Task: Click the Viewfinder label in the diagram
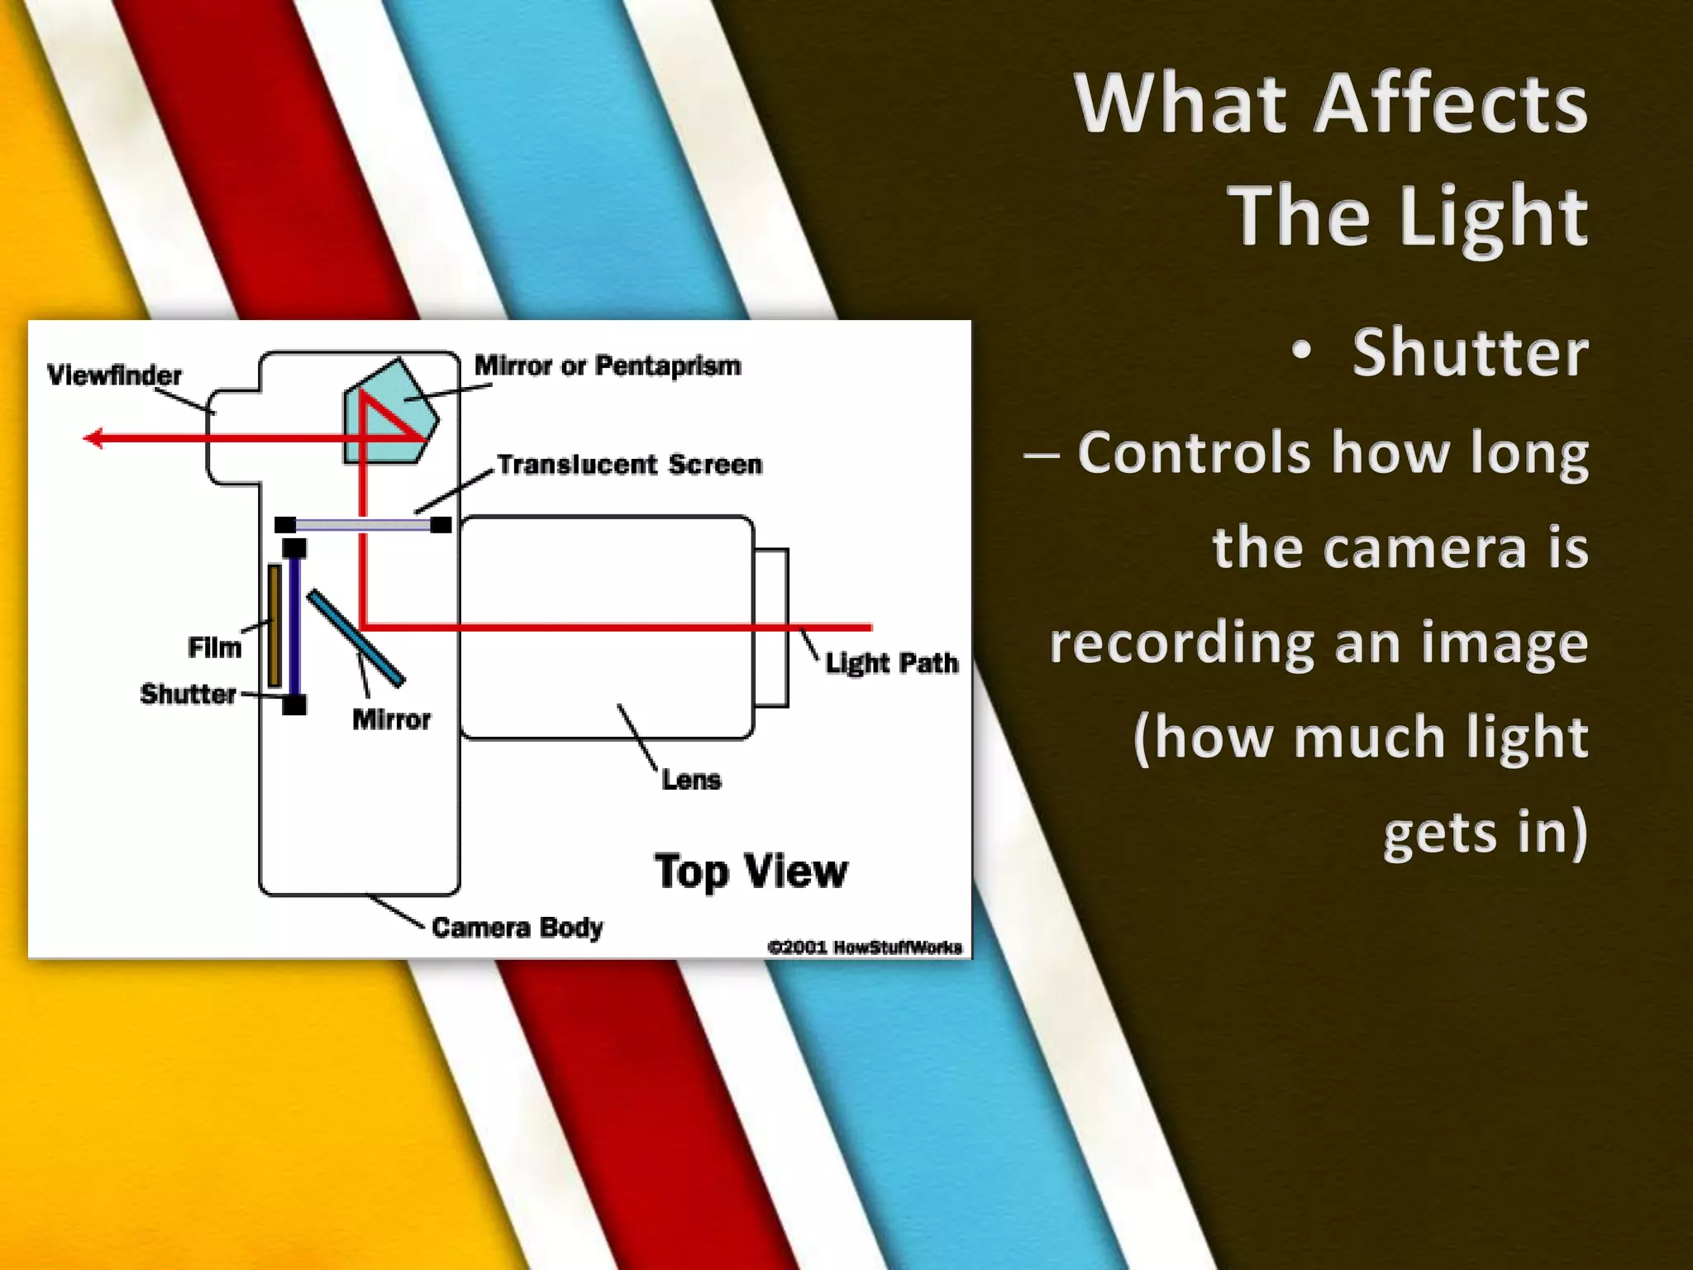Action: pyautogui.click(x=114, y=375)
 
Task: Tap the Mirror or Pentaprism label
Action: pyautogui.click(x=607, y=365)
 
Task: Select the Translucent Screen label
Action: pyautogui.click(x=629, y=465)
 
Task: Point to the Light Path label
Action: pyautogui.click(x=891, y=663)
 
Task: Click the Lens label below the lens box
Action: pyautogui.click(x=691, y=780)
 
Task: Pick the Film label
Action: pyautogui.click(x=214, y=647)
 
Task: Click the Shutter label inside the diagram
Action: pyautogui.click(x=188, y=694)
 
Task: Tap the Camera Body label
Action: pyautogui.click(x=517, y=928)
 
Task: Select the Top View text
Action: pyautogui.click(x=751, y=871)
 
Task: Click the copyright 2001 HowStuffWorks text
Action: pyautogui.click(x=865, y=948)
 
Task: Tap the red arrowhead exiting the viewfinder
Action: pyautogui.click(x=93, y=438)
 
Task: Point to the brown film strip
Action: pyautogui.click(x=274, y=626)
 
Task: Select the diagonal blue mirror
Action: pyautogui.click(x=356, y=637)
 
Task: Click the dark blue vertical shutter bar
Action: pyautogui.click(x=294, y=626)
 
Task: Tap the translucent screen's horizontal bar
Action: pyautogui.click(x=363, y=525)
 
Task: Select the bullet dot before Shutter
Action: pyautogui.click(x=1301, y=352)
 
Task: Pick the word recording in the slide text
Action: pyautogui.click(x=1182, y=643)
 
